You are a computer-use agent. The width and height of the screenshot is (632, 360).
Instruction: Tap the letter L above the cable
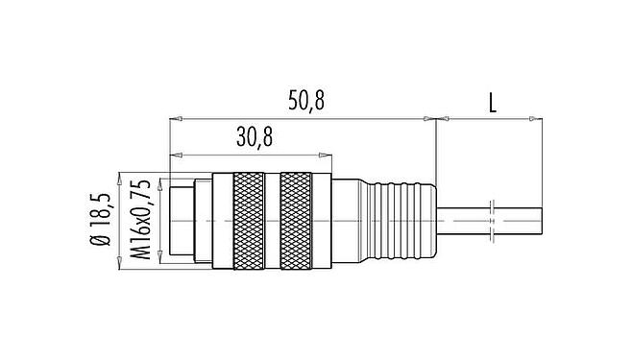point(491,101)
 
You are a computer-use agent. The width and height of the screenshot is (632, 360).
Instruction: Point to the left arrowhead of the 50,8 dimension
point(175,119)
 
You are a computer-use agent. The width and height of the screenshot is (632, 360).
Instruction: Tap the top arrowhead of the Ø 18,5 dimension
point(120,178)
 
